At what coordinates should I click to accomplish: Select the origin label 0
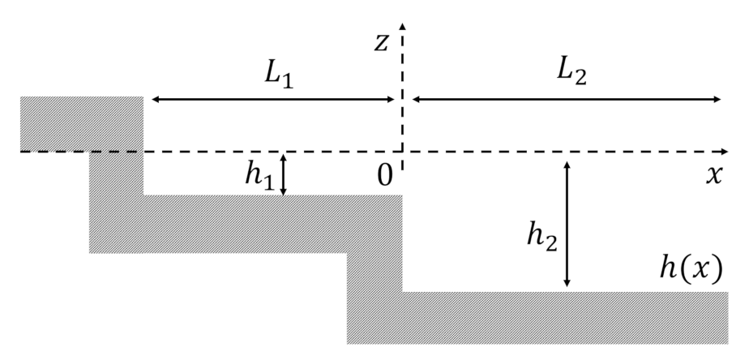(x=385, y=174)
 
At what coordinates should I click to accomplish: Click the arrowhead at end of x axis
(x=723, y=152)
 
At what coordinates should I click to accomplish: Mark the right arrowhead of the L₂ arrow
(x=717, y=100)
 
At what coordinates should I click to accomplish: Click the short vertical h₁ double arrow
(x=283, y=175)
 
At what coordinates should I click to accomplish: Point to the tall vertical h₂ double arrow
(x=567, y=223)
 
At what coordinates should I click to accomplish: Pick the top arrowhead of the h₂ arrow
(x=567, y=165)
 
